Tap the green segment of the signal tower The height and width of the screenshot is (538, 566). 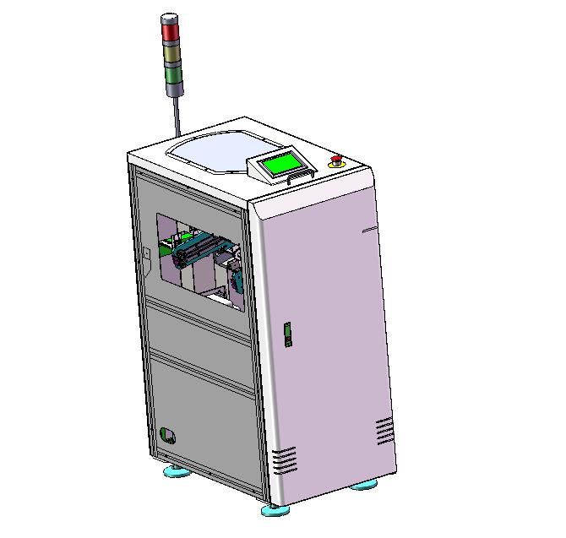click(x=172, y=75)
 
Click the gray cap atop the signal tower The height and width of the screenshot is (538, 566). click(x=170, y=18)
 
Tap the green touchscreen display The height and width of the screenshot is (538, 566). click(x=281, y=163)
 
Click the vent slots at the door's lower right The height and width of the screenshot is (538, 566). click(x=384, y=431)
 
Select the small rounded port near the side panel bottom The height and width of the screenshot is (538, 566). click(x=168, y=435)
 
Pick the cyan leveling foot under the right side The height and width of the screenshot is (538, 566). click(x=365, y=486)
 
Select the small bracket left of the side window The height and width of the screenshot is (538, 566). click(x=146, y=251)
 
